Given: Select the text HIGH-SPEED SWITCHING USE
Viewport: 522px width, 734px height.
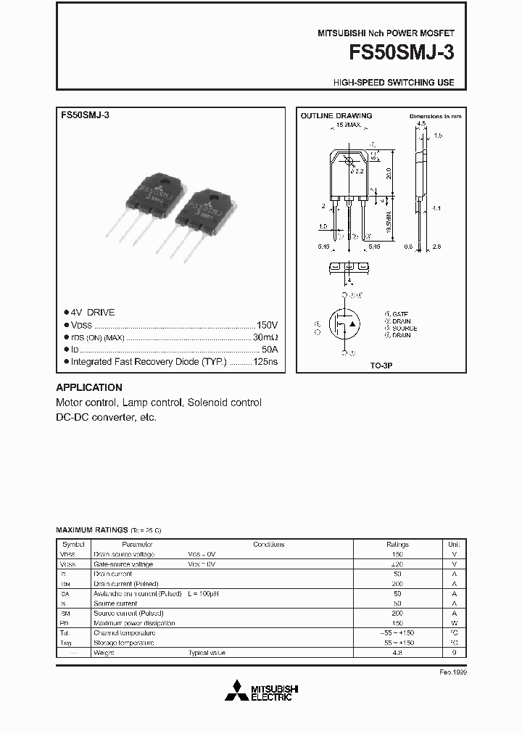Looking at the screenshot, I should point(394,83).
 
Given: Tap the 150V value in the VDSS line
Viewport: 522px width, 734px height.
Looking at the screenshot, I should point(267,325).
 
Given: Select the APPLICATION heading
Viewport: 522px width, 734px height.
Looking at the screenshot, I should point(89,387).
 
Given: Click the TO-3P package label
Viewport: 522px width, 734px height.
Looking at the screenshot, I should point(382,368).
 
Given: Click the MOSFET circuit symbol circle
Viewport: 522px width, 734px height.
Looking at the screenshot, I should point(344,325).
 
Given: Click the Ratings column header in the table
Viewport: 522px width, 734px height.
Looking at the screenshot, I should point(397,544).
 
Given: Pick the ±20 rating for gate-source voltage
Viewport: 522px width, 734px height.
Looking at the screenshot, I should point(397,564).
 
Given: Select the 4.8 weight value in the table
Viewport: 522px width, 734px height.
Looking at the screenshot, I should point(397,653).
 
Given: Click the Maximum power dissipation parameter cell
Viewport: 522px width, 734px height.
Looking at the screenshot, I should point(134,623).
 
